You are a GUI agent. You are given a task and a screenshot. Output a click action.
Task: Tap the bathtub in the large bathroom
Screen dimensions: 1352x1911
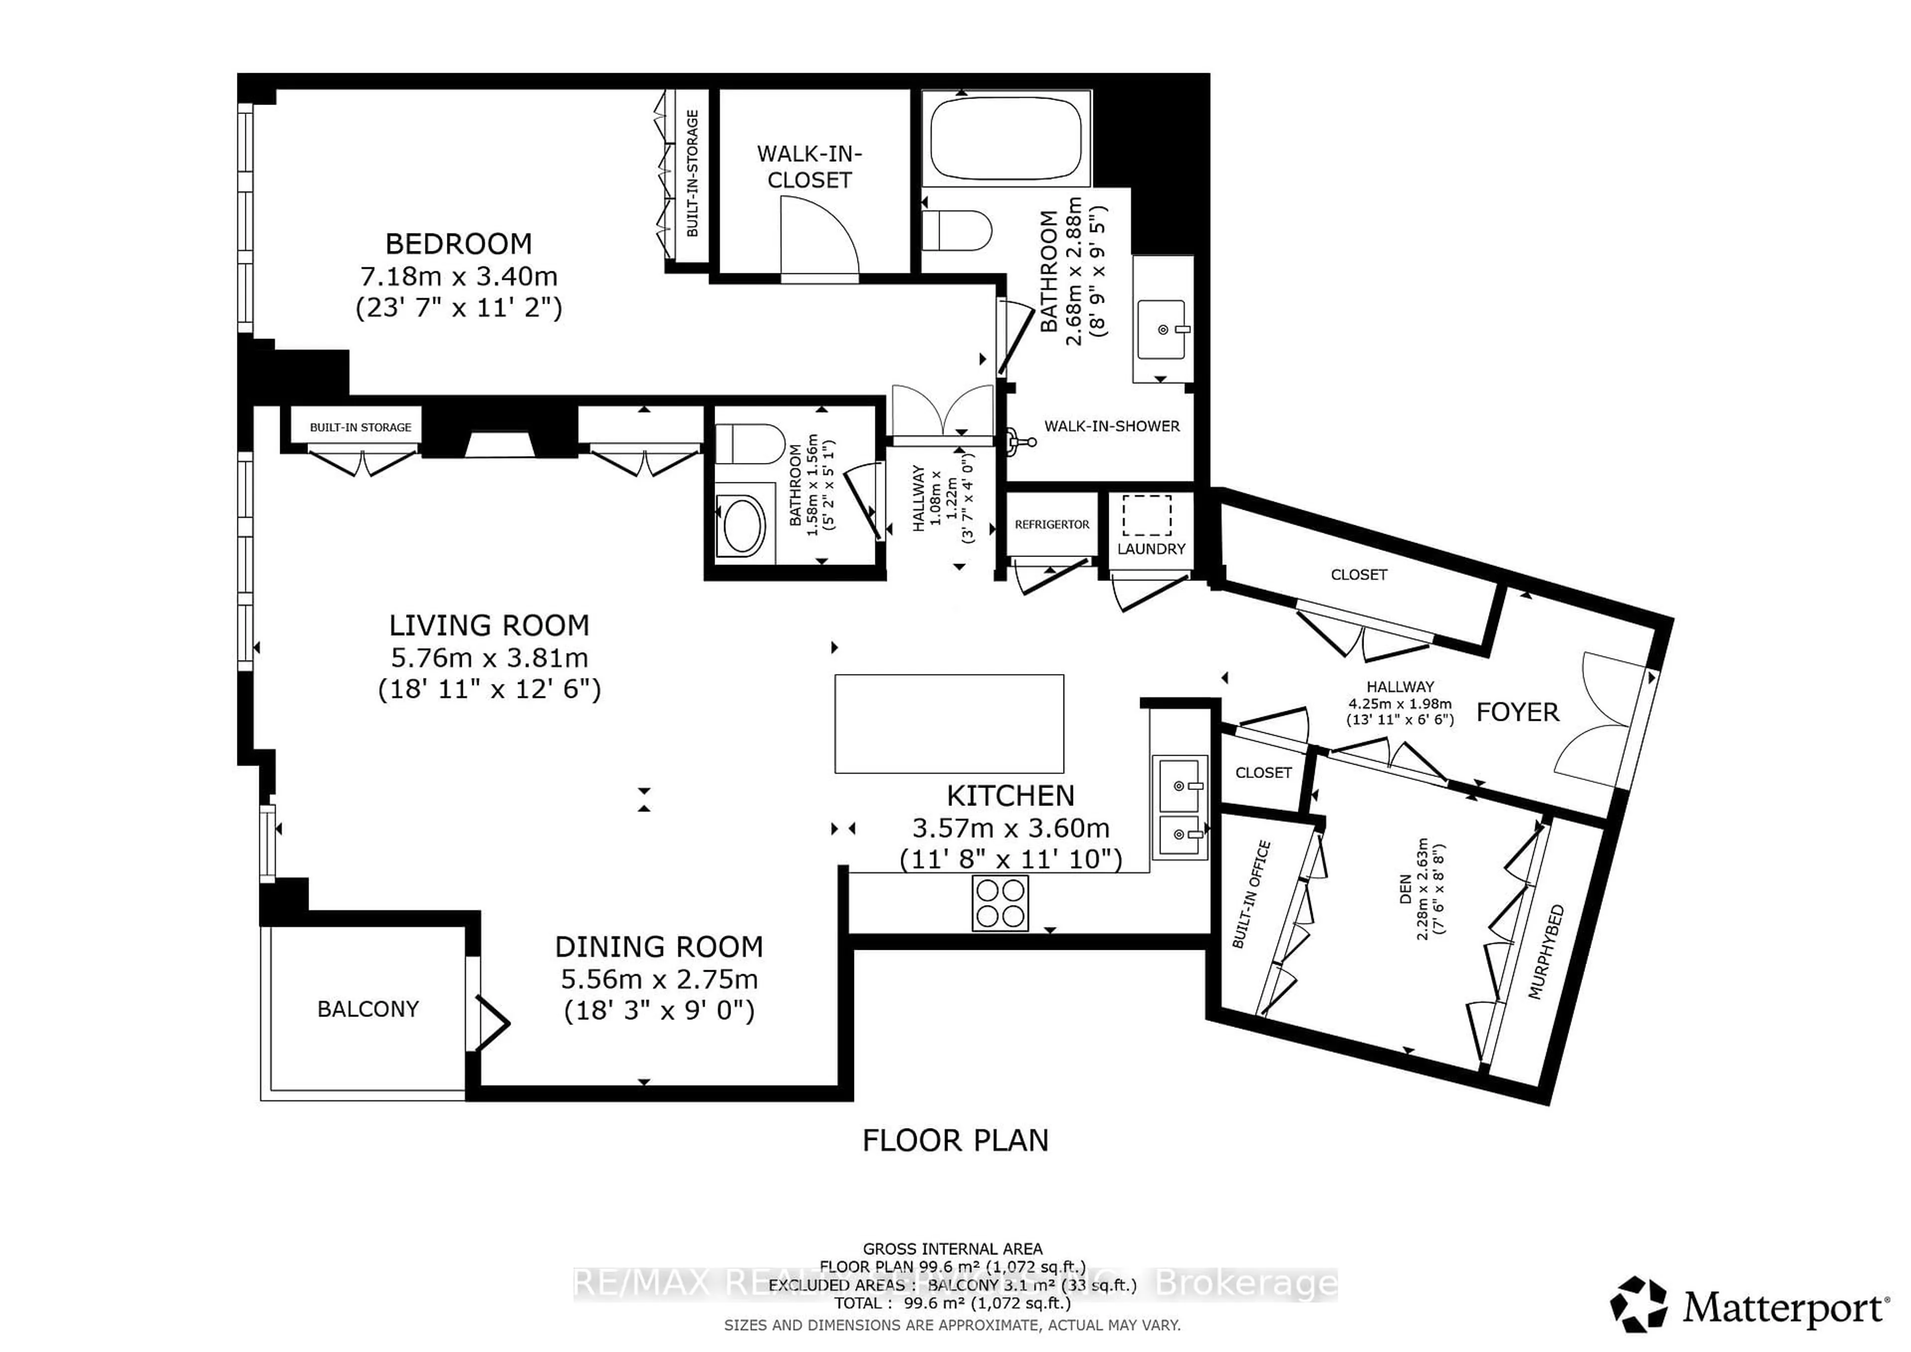pyautogui.click(x=1005, y=137)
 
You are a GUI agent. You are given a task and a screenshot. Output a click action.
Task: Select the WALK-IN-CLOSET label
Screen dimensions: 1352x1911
pyautogui.click(x=809, y=166)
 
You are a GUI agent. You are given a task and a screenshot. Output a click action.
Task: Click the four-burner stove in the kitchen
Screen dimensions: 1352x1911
pyautogui.click(x=1000, y=903)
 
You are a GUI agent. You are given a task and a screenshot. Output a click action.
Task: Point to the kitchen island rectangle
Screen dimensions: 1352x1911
pyautogui.click(x=949, y=723)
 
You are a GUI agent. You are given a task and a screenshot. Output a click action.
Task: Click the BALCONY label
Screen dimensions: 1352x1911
pyautogui.click(x=367, y=1009)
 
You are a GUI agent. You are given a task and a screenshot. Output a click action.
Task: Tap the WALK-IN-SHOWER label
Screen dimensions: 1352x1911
pyautogui.click(x=1111, y=426)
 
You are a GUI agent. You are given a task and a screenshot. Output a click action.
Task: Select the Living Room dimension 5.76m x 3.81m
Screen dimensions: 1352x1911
pyautogui.click(x=489, y=658)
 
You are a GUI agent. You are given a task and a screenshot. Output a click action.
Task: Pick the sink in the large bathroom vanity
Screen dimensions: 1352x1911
pyautogui.click(x=1162, y=330)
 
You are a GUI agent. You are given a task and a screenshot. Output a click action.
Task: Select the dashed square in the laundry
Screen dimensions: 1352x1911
pyautogui.click(x=1147, y=515)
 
